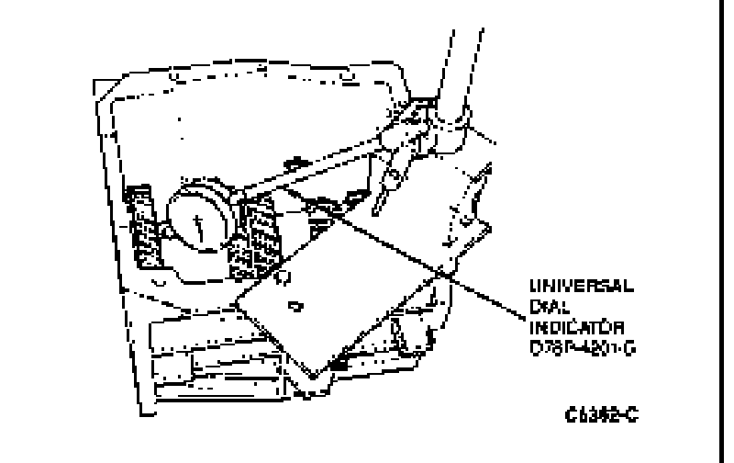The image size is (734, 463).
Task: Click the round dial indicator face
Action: [x=196, y=219]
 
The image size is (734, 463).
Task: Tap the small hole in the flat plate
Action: [x=294, y=304]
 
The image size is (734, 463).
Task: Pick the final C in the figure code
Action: [x=634, y=415]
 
